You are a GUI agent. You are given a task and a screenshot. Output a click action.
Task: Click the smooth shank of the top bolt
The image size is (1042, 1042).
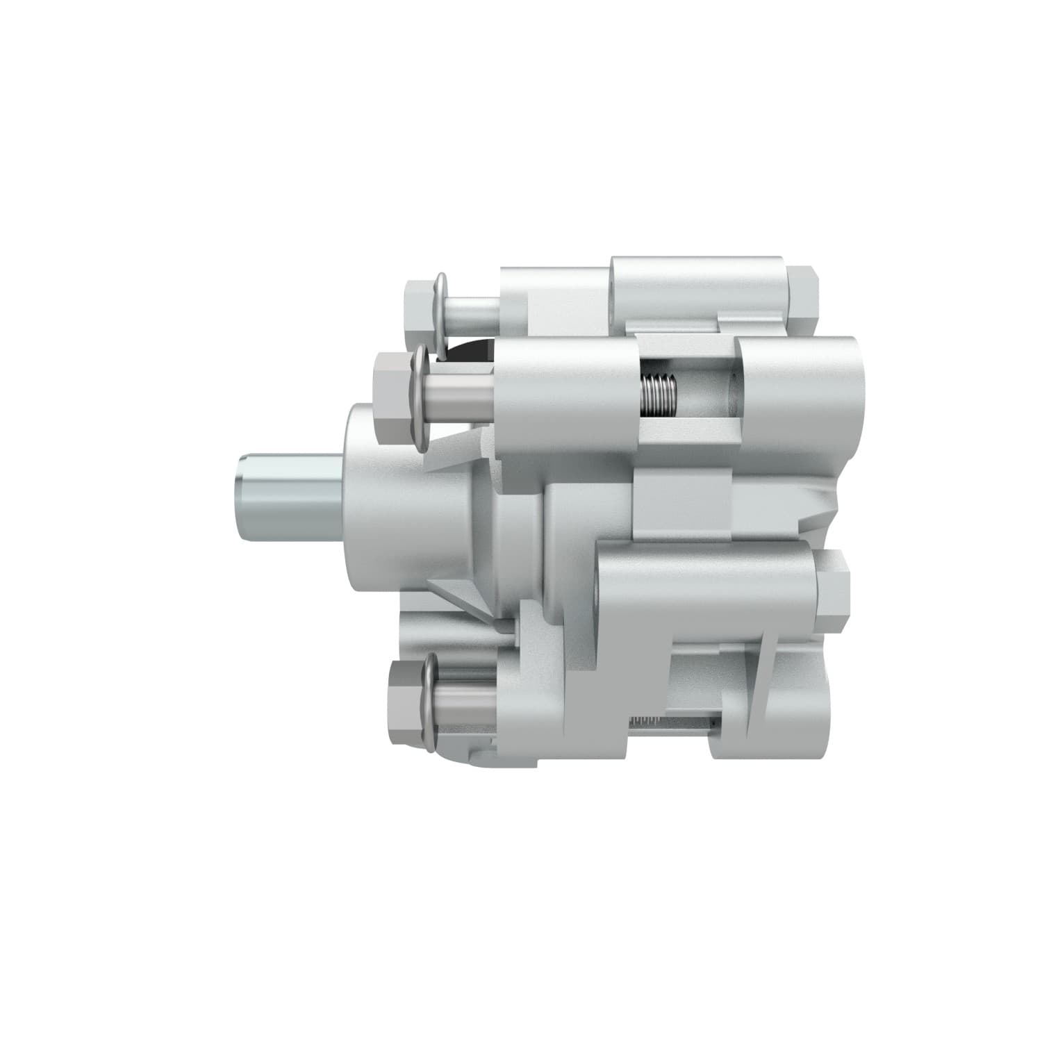click(x=472, y=313)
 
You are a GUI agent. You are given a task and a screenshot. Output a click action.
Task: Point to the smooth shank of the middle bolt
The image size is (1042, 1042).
click(x=458, y=402)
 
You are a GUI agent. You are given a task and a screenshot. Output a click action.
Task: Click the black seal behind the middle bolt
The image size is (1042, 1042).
click(x=472, y=351)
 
